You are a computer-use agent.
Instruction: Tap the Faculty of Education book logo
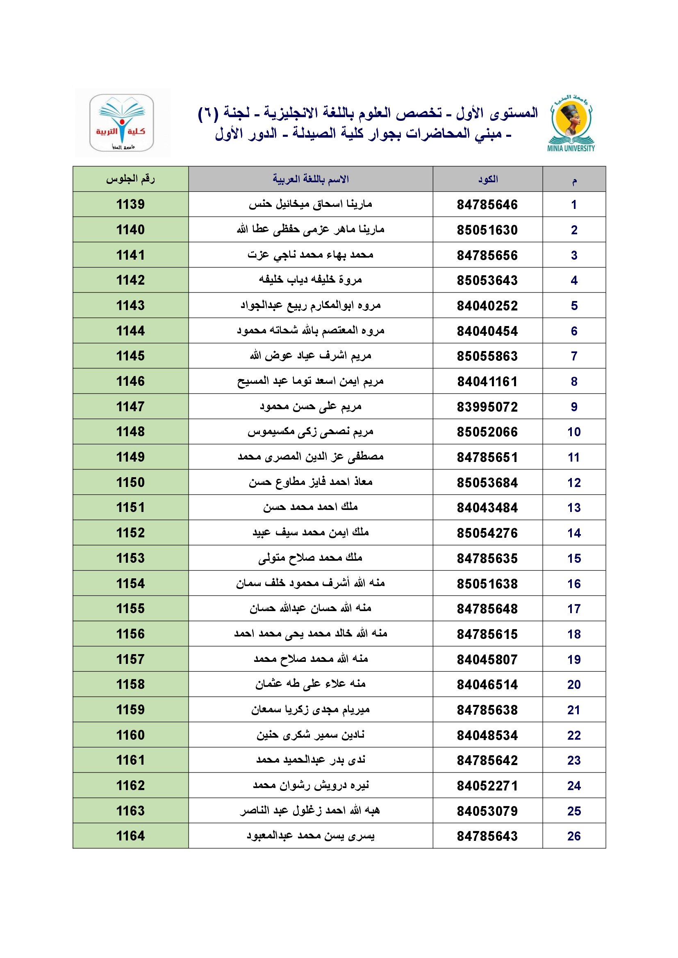[121, 123]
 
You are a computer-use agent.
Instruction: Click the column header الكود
[488, 179]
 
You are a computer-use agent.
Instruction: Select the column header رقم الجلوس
[130, 179]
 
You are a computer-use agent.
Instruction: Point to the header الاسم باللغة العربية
[311, 179]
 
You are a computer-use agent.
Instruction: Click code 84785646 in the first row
[487, 205]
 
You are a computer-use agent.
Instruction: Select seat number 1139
[130, 204]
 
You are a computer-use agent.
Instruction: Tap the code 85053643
[487, 281]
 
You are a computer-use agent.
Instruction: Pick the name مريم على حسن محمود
[311, 406]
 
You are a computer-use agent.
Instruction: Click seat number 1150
[130, 482]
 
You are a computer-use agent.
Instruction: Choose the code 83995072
[487, 407]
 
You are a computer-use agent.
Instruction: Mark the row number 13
[573, 508]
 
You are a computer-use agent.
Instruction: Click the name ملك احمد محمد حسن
[311, 507]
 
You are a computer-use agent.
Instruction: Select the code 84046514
[487, 685]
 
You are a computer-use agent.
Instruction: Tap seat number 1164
[130, 836]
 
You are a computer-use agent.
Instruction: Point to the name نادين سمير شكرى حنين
[311, 735]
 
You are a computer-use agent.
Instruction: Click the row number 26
[573, 836]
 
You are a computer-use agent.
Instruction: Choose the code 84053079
[487, 811]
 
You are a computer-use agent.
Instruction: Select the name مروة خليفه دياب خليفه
[311, 280]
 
